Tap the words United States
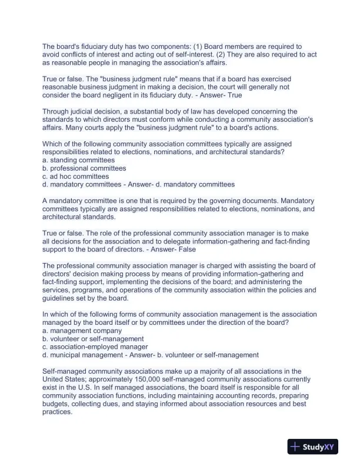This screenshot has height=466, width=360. pos(66,380)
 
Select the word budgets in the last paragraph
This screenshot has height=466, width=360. pos(56,404)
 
